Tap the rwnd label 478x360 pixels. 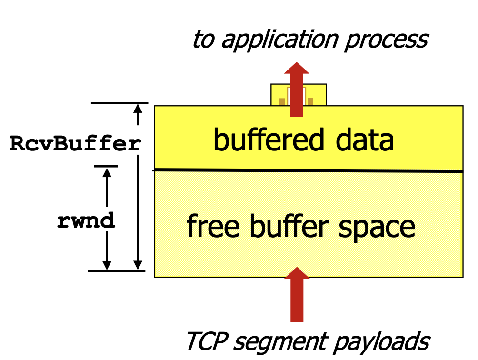tap(86, 220)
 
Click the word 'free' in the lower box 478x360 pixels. tap(212, 226)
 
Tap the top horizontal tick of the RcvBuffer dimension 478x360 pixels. tap(119, 103)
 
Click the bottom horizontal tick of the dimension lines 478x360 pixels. tap(116, 271)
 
